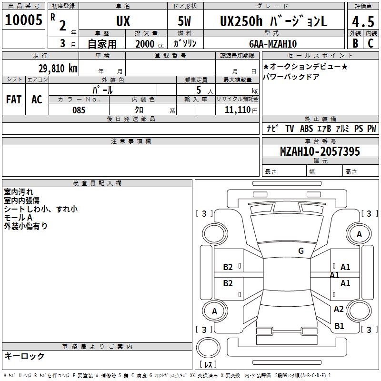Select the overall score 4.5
tap(363, 22)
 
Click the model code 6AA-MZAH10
tap(273, 44)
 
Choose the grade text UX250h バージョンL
tap(273, 21)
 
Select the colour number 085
tap(79, 110)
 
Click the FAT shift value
tap(13, 99)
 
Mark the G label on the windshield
tap(301, 251)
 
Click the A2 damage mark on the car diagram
tap(339, 309)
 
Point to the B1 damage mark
tap(339, 326)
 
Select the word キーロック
tap(24, 356)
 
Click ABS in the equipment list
tap(307, 129)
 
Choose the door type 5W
tap(185, 21)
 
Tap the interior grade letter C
tap(371, 43)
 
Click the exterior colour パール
tap(102, 90)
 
